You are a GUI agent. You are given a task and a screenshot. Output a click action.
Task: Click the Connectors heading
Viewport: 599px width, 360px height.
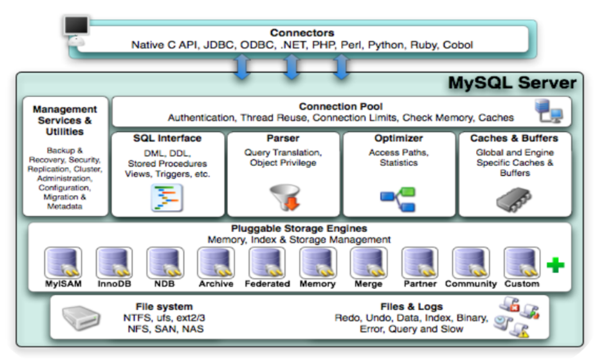302,33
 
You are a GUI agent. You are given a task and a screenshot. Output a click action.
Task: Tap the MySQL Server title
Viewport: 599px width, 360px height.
512,83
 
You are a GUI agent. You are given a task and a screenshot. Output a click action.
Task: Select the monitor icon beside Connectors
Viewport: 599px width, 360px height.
76,29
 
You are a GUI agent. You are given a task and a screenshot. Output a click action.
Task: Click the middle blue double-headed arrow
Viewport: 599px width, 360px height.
291,68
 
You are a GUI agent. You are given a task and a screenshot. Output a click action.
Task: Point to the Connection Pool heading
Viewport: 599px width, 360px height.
341,107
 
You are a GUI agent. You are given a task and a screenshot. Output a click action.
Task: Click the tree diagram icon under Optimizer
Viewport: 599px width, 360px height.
398,199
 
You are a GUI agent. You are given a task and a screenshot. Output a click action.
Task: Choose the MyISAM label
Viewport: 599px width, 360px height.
63,284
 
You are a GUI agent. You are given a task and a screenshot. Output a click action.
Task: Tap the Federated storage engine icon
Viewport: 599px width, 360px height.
266,263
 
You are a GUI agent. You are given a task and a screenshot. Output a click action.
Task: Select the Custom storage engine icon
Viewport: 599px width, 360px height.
521,263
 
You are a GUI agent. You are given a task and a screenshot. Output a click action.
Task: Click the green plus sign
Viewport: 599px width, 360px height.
555,265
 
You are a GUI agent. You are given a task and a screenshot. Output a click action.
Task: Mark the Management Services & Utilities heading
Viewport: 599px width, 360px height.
65,120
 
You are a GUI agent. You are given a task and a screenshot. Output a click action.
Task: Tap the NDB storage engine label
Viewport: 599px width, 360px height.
164,284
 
